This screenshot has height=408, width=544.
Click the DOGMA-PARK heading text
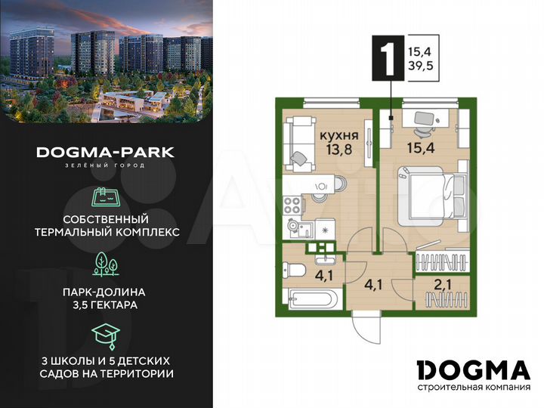pos(105,152)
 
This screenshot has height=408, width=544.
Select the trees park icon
pos(105,263)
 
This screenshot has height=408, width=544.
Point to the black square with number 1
pos(390,57)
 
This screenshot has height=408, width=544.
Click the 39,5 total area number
pos(422,67)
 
